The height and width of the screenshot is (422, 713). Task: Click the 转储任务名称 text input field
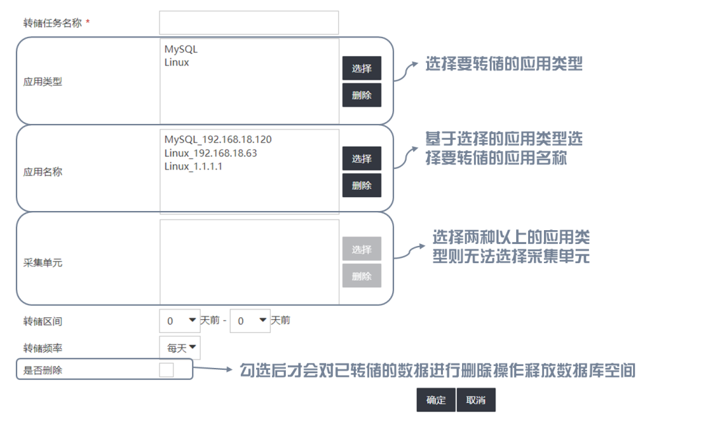[x=248, y=22]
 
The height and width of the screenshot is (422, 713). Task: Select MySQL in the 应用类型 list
[x=181, y=49]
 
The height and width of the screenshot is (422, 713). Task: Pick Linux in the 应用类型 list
[x=176, y=63]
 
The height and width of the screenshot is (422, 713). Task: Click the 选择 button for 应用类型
[x=361, y=69]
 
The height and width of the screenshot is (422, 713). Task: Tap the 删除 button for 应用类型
[x=361, y=95]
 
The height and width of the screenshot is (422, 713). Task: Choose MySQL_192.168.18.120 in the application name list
[x=218, y=140]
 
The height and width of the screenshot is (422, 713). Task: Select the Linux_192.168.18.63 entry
[x=211, y=153]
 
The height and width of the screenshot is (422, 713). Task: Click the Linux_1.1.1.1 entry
[x=193, y=166]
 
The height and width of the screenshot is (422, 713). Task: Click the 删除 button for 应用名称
[x=361, y=185]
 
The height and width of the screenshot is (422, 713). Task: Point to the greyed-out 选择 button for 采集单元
[x=361, y=249]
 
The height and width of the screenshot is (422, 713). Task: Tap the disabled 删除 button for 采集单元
[x=361, y=276]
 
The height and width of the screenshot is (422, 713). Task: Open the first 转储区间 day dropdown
[x=180, y=321]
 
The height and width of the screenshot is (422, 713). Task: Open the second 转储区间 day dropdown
[x=250, y=321]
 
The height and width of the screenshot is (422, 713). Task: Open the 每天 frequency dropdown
[x=180, y=347]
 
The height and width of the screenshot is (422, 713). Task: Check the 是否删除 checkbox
[x=166, y=370]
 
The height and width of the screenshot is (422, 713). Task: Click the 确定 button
[x=436, y=400]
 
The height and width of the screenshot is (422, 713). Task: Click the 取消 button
[x=475, y=400]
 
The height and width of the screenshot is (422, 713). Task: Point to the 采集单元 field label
[x=43, y=263]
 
